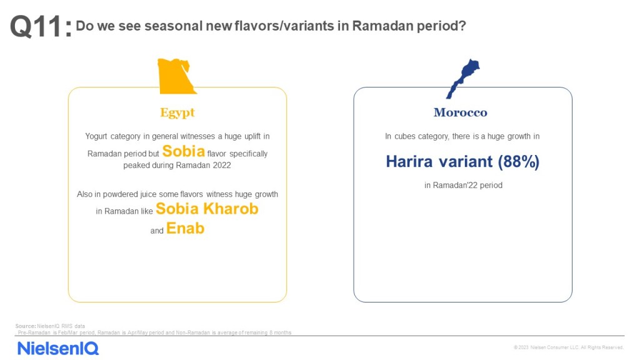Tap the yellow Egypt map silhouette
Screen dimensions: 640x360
coord(176,76)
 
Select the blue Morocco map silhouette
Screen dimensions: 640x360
coord(463,79)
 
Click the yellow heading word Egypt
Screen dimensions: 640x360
coord(177,112)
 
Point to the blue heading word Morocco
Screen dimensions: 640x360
coord(461,112)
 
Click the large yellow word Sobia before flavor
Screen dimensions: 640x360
coord(184,151)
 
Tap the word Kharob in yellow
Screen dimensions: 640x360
coord(231,209)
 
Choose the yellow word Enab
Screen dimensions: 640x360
coord(185,228)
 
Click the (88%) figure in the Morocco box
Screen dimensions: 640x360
coord(518,162)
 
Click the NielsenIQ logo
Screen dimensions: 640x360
coord(58,348)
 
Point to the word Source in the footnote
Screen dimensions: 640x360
coord(25,326)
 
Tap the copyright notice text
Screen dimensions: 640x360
coord(569,347)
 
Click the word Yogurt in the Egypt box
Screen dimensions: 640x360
coord(96,136)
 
